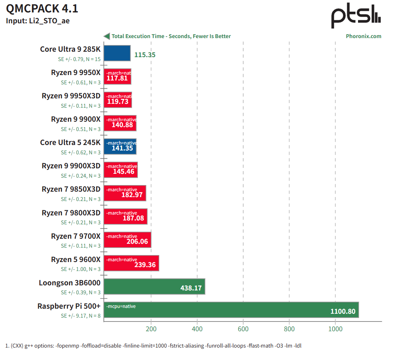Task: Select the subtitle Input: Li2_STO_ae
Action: (38, 21)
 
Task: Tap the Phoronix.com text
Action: (363, 36)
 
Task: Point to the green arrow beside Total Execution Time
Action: (106, 36)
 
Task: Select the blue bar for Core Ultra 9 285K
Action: (117, 53)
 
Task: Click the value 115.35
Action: (145, 55)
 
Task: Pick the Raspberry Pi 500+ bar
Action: (231, 310)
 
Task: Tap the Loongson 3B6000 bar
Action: (154, 287)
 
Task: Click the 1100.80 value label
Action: (343, 311)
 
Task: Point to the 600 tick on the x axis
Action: (243, 329)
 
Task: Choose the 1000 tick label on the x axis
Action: (335, 329)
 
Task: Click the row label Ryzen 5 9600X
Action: (75, 259)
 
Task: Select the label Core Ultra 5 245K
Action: (70, 143)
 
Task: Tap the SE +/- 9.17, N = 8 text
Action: (81, 316)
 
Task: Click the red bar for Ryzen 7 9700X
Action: (127, 240)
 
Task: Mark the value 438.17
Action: (191, 288)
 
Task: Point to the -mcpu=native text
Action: (121, 306)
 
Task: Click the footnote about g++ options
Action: (153, 346)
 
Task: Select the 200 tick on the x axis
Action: (151, 329)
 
